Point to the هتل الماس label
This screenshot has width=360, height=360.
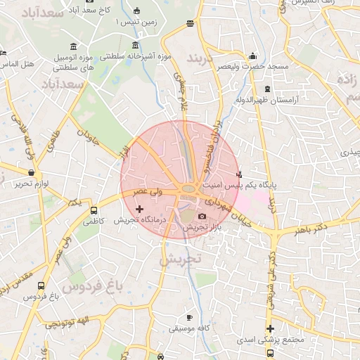click(17, 65)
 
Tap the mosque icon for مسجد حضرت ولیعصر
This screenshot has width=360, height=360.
click(253, 56)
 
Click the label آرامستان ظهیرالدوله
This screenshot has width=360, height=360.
click(292, 100)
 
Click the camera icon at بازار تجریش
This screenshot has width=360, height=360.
click(202, 217)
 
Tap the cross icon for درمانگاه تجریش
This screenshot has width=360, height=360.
click(139, 208)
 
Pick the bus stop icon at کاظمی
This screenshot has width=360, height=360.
click(94, 210)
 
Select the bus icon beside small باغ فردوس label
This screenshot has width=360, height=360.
click(41, 286)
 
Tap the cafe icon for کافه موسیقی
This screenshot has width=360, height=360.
click(189, 317)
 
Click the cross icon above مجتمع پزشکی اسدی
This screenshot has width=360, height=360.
click(270, 328)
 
